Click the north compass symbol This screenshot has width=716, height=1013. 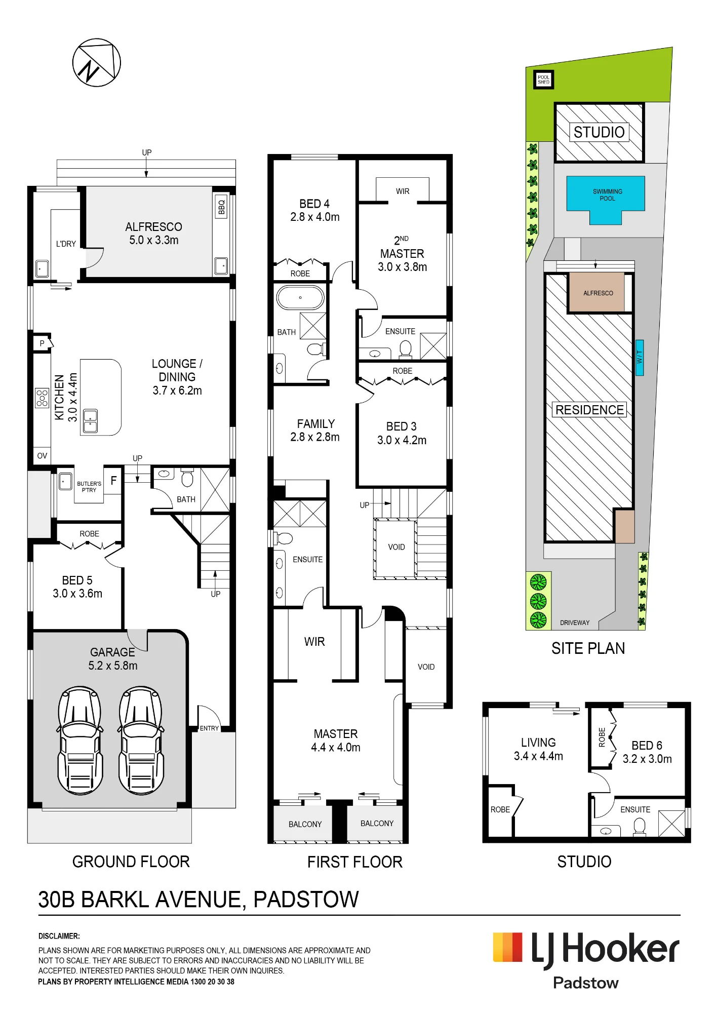(x=96, y=62)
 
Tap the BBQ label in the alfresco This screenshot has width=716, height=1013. (x=221, y=206)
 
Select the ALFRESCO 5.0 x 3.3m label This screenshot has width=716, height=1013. (x=154, y=233)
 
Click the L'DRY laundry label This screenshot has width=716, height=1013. (x=66, y=244)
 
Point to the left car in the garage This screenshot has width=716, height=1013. (x=80, y=740)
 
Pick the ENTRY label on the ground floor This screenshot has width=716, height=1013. (x=209, y=728)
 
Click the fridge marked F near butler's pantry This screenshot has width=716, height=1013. (x=113, y=481)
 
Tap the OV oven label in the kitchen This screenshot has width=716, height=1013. (x=42, y=456)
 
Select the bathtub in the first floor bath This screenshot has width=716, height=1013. (x=300, y=297)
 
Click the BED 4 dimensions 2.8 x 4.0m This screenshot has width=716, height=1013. (x=315, y=217)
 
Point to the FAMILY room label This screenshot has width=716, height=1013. (x=316, y=423)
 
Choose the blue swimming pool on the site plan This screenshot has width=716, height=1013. (x=606, y=200)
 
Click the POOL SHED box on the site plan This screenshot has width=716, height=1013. (x=544, y=80)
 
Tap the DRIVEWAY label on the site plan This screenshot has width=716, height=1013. (x=575, y=622)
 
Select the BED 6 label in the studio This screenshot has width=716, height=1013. (x=647, y=745)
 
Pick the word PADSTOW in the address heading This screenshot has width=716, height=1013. (x=306, y=900)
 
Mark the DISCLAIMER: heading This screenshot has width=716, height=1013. (x=59, y=936)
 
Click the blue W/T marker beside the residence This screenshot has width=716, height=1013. (x=640, y=358)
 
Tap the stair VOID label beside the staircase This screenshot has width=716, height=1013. (x=396, y=547)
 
